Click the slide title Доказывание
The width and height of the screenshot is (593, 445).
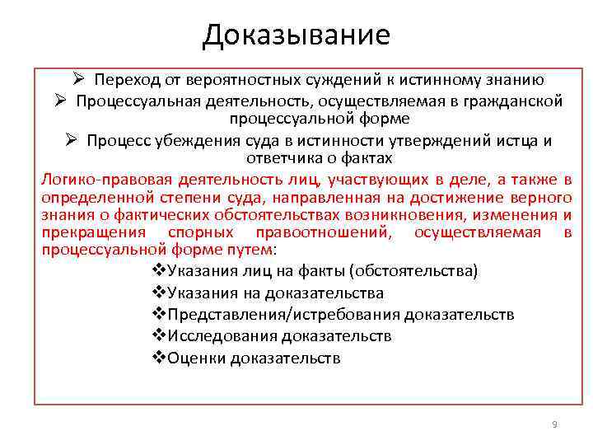point(296,35)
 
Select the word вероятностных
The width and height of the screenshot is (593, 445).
point(234,80)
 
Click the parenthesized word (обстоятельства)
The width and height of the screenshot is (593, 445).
point(414,271)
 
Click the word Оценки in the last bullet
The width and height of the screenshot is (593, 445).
point(198,358)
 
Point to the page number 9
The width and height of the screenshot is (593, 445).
point(554,424)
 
